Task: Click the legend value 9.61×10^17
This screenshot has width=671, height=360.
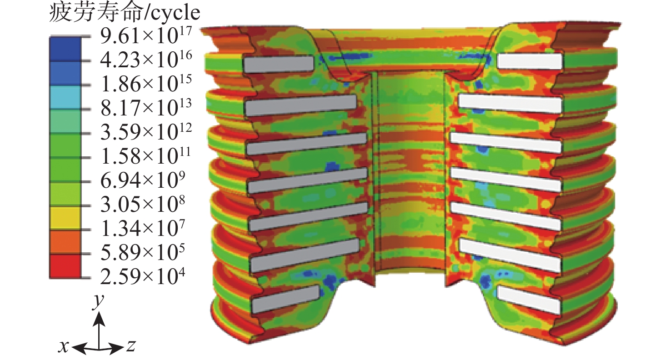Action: (x=146, y=36)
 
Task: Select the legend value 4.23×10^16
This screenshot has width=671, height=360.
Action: (x=146, y=60)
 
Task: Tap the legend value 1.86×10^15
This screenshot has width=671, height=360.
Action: (x=146, y=84)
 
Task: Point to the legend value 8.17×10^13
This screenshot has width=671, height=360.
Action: (x=146, y=108)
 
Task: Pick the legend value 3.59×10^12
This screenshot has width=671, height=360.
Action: (x=146, y=132)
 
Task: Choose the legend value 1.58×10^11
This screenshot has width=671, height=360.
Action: (x=146, y=157)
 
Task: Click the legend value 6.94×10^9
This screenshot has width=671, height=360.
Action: (x=143, y=180)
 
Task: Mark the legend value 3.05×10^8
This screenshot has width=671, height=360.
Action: (x=143, y=205)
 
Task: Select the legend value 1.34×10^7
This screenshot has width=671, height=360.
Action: (x=143, y=229)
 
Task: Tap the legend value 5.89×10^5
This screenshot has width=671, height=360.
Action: (x=143, y=253)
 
